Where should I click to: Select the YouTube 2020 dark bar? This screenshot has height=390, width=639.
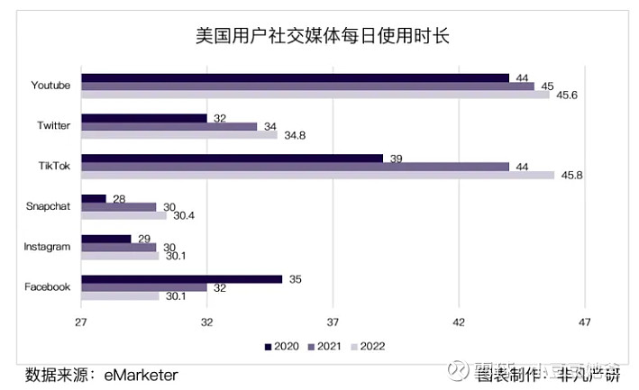(x=295, y=78)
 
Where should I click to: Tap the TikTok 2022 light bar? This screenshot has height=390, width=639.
(x=317, y=175)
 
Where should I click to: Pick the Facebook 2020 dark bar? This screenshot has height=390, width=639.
(x=181, y=279)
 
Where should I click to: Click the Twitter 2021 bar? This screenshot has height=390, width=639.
(x=169, y=127)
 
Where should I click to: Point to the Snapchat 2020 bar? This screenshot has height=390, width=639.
(x=94, y=199)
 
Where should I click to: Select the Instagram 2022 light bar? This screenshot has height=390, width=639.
(x=120, y=256)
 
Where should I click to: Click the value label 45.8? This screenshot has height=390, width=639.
(x=571, y=175)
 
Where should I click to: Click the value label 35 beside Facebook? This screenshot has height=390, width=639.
(x=295, y=279)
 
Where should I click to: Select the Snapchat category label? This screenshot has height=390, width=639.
(x=48, y=206)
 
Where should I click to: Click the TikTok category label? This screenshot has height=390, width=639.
(x=54, y=166)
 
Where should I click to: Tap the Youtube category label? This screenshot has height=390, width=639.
(x=50, y=86)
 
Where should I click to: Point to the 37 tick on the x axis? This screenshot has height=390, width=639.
(x=333, y=323)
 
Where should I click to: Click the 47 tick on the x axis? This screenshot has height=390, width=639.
(x=584, y=323)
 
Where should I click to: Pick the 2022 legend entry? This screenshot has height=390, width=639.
(x=367, y=346)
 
